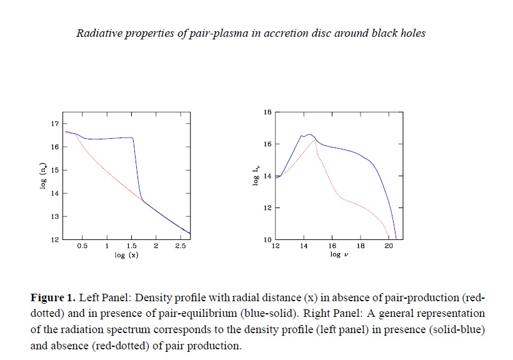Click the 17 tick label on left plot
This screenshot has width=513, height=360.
(54, 123)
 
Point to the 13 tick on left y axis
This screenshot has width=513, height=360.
(54, 216)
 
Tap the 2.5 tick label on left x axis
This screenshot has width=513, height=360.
(181, 247)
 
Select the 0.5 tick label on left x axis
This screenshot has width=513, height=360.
(82, 247)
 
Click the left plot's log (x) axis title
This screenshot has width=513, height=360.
(126, 256)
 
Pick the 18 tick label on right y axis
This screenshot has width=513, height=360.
(267, 112)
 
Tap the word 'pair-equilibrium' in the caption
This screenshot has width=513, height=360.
(380, 296)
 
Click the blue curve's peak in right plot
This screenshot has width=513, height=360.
(309, 134)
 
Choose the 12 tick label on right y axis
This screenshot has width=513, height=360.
(267, 208)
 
